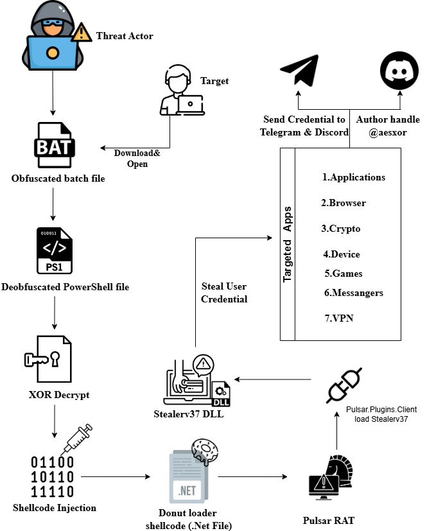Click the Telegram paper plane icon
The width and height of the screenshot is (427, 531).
point(300,73)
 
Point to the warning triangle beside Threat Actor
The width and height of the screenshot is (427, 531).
point(80,33)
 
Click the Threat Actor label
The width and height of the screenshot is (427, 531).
point(125,36)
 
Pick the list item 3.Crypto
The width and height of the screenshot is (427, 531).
point(341,229)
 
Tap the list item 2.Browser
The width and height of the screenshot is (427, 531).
point(344,203)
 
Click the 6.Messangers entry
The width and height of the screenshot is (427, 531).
point(353,293)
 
